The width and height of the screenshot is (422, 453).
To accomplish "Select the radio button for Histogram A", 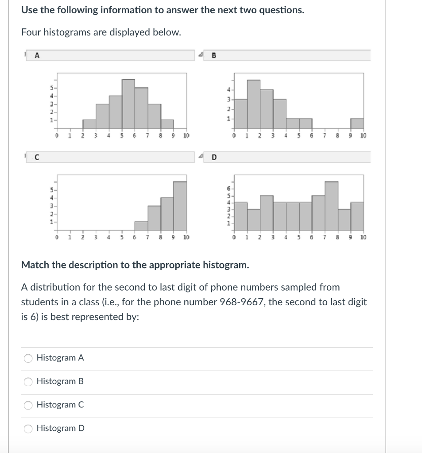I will click(x=28, y=358).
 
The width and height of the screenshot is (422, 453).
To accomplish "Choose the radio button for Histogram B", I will click(x=28, y=381).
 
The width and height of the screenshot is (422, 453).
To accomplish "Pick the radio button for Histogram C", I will click(x=28, y=405).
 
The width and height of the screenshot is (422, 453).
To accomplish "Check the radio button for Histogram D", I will click(x=28, y=428).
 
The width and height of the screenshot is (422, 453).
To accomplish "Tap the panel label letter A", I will click(x=37, y=55).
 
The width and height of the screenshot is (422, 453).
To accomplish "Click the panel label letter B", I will click(x=215, y=55).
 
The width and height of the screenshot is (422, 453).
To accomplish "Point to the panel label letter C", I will click(x=37, y=157).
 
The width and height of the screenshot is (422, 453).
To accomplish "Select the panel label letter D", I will click(x=215, y=157).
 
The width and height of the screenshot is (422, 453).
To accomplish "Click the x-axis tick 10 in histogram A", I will click(x=186, y=135).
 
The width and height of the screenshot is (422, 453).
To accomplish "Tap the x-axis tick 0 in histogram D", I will click(x=234, y=237).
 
